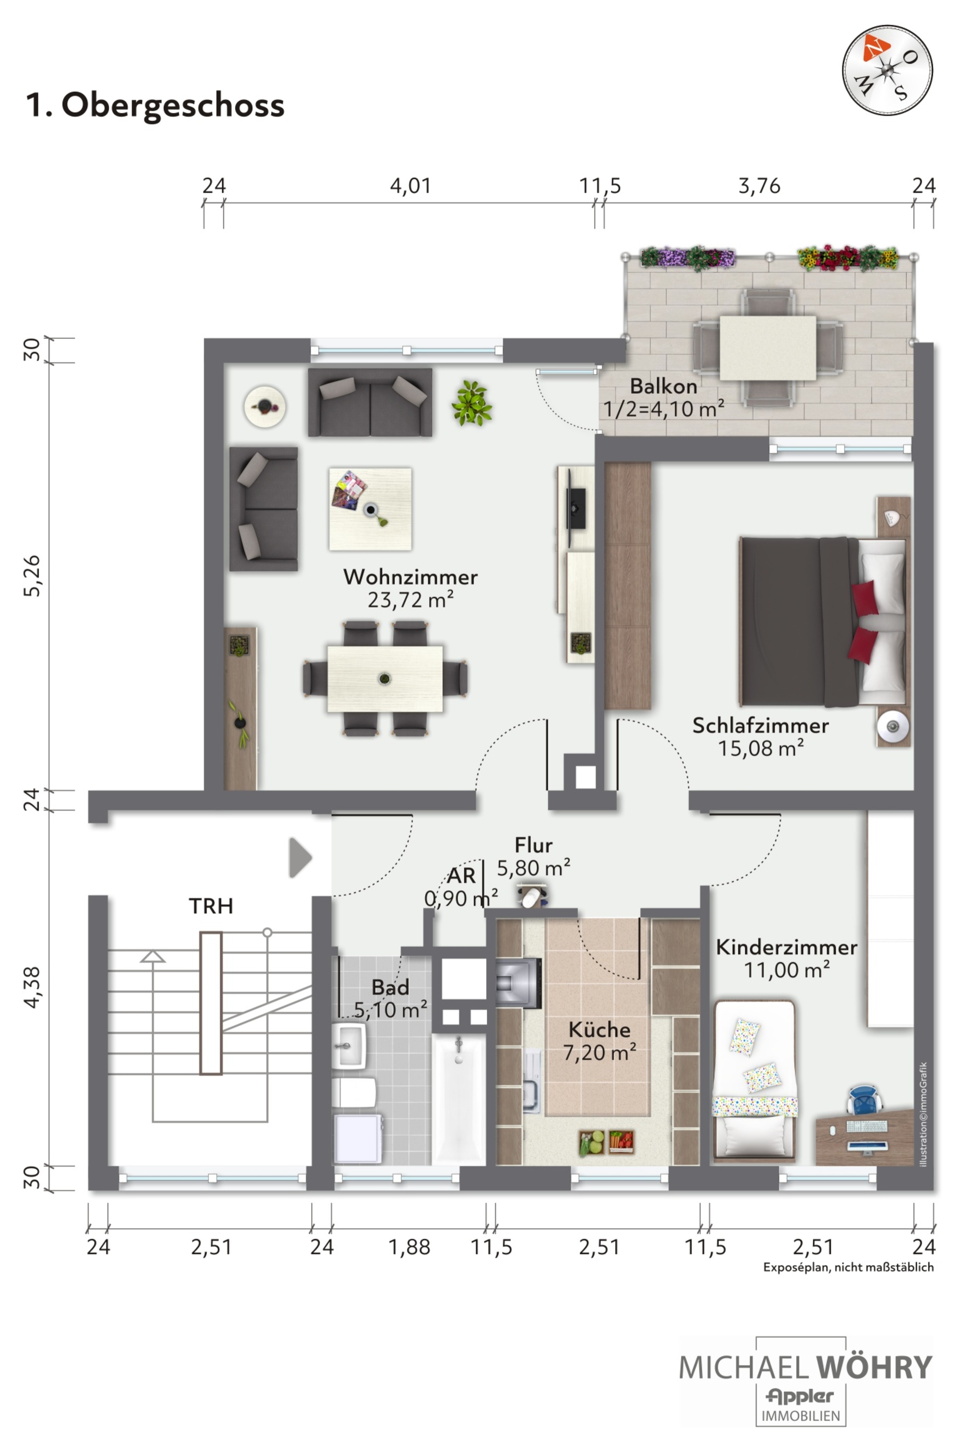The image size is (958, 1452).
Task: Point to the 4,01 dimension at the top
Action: (411, 186)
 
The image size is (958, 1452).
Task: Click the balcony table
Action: (768, 348)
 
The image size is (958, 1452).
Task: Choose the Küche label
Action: (600, 1030)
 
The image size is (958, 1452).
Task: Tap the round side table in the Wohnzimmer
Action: (265, 407)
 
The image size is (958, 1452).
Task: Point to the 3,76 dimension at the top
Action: (759, 186)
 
